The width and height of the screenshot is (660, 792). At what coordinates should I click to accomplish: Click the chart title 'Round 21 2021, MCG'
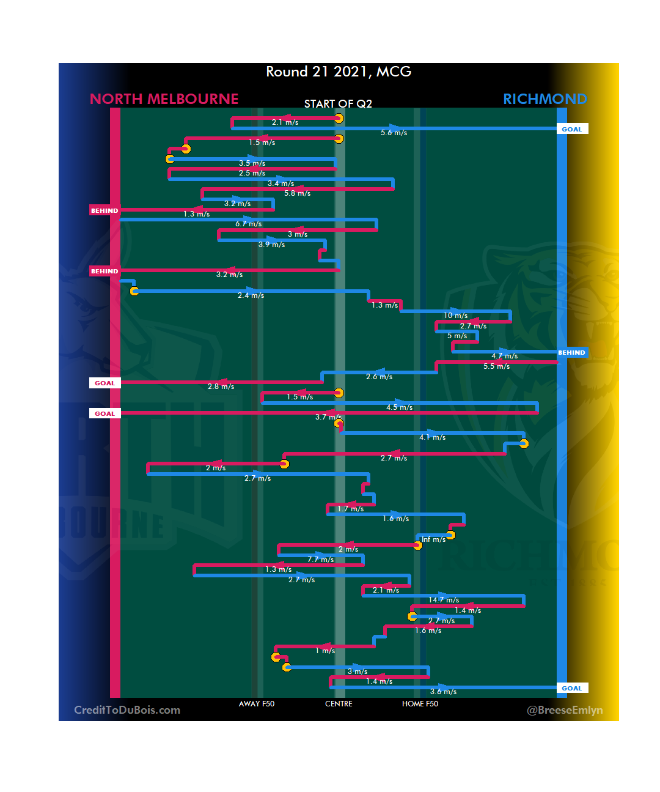(x=339, y=72)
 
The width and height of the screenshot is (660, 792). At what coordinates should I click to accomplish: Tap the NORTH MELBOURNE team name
(x=164, y=99)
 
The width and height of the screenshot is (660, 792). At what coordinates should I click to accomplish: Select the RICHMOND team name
(x=544, y=99)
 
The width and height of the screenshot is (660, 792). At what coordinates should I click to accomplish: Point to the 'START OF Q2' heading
(x=338, y=104)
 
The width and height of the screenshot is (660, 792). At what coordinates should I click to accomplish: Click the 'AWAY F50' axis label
(x=257, y=704)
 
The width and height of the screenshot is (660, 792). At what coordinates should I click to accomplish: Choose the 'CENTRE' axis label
(x=339, y=704)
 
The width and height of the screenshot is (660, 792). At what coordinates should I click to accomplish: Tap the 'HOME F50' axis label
(x=420, y=704)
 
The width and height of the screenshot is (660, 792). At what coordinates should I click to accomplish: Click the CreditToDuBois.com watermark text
(x=127, y=710)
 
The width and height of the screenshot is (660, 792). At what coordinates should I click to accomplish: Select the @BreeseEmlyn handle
(x=565, y=710)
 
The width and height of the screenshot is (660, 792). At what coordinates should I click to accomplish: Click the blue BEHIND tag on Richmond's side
(x=571, y=353)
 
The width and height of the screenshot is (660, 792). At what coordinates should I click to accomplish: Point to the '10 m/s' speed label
(x=455, y=316)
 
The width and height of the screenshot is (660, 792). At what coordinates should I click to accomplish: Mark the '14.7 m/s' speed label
(x=444, y=600)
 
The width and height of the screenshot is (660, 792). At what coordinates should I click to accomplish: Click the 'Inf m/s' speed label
(x=433, y=539)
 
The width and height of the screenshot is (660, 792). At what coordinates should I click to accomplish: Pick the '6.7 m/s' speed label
(x=249, y=224)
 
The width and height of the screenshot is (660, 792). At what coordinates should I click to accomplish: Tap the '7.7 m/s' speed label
(x=321, y=560)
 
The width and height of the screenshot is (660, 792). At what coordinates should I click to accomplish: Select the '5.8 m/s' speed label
(x=297, y=193)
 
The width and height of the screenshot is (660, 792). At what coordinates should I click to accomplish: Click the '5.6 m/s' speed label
(x=394, y=133)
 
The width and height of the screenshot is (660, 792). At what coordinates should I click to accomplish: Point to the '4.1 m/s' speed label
(x=432, y=437)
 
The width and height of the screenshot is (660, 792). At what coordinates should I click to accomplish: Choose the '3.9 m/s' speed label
(x=271, y=245)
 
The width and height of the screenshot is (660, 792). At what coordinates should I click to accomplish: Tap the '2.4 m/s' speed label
(x=251, y=295)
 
